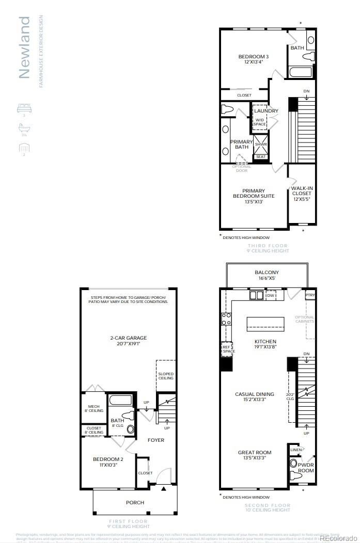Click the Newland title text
click(x=24, y=47)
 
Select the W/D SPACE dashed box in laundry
click(x=260, y=122)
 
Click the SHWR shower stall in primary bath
click(x=260, y=144)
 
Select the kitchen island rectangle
click(x=265, y=324)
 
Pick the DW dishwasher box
click(x=271, y=295)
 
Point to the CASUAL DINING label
click(x=254, y=397)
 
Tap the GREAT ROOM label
click(x=254, y=456)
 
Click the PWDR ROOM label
click(x=306, y=468)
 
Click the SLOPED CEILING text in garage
click(x=166, y=376)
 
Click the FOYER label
click(x=156, y=440)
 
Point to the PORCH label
click(x=135, y=502)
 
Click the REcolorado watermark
click(x=338, y=538)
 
